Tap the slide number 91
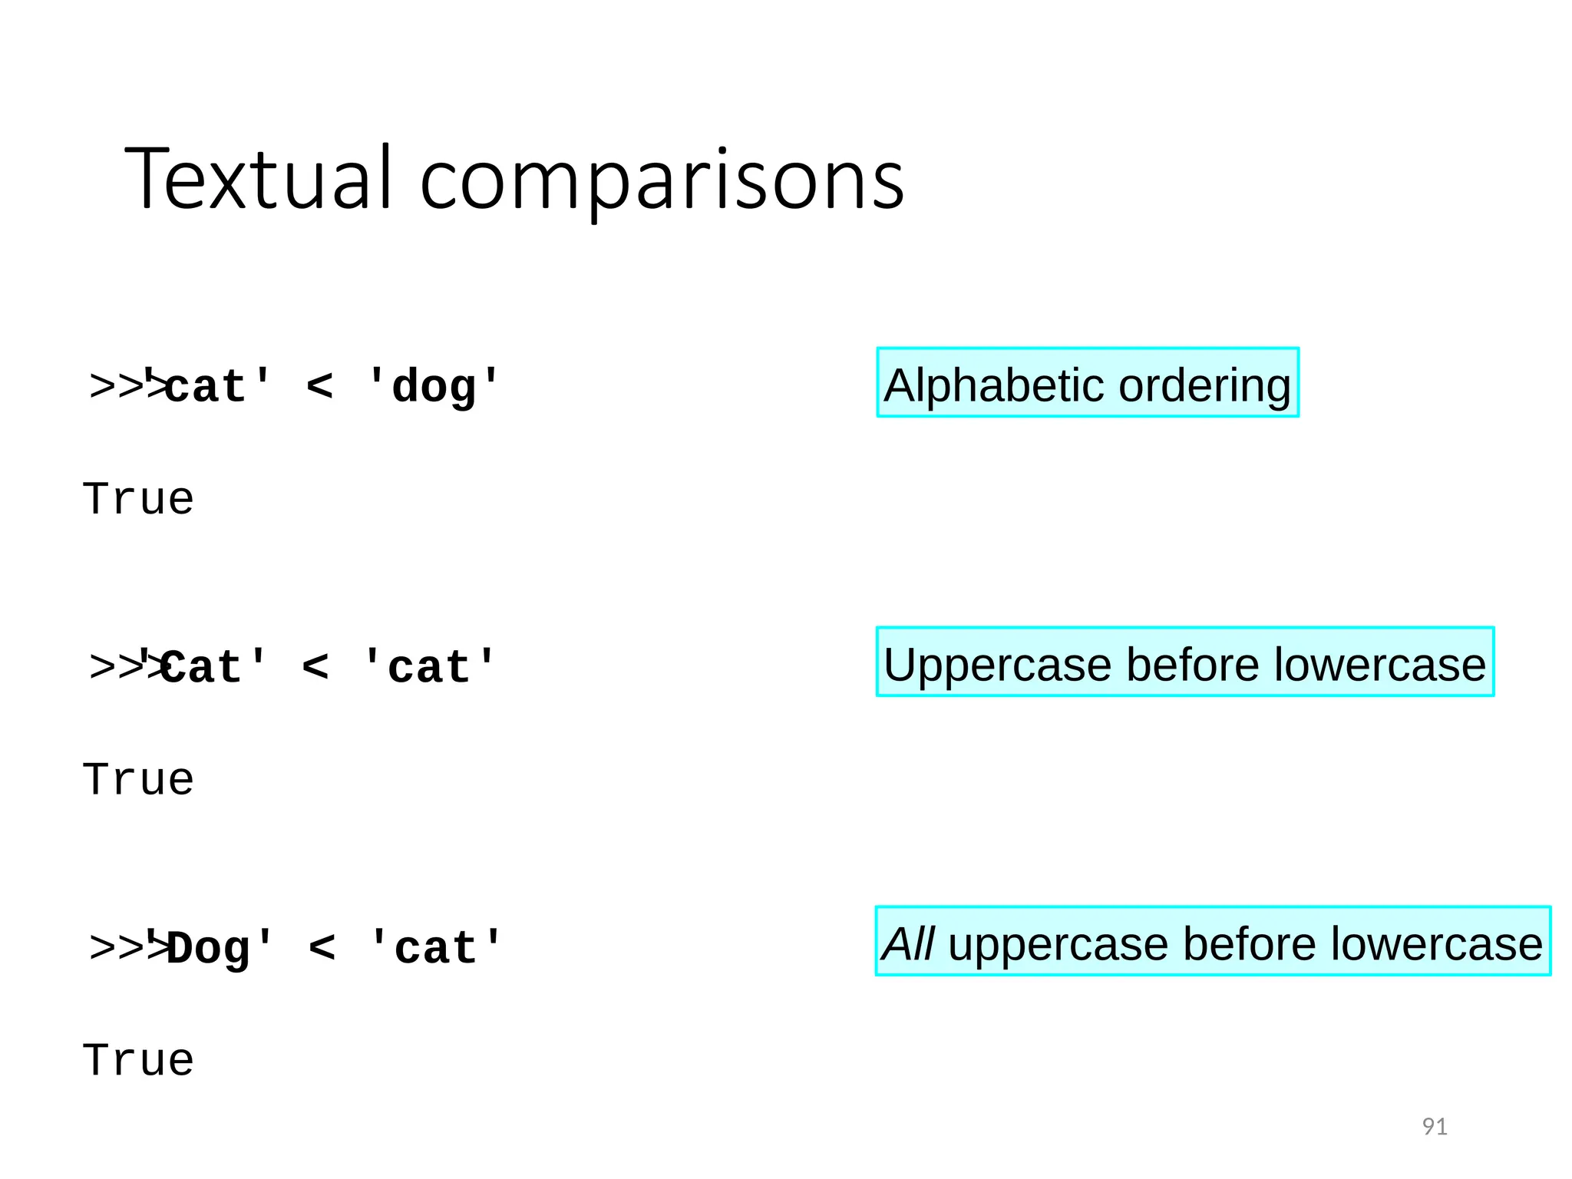coord(1434,1127)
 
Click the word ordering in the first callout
coord(1204,387)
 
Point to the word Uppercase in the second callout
coord(997,665)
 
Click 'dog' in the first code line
coord(434,386)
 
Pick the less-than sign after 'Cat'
coord(315,666)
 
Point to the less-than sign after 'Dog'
coord(322,949)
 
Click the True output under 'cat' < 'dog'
coord(138,500)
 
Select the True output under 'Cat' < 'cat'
coord(138,781)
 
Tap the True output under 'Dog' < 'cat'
coord(138,1061)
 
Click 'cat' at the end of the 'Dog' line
coord(435,949)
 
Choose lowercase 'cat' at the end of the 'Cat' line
coord(430,666)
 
